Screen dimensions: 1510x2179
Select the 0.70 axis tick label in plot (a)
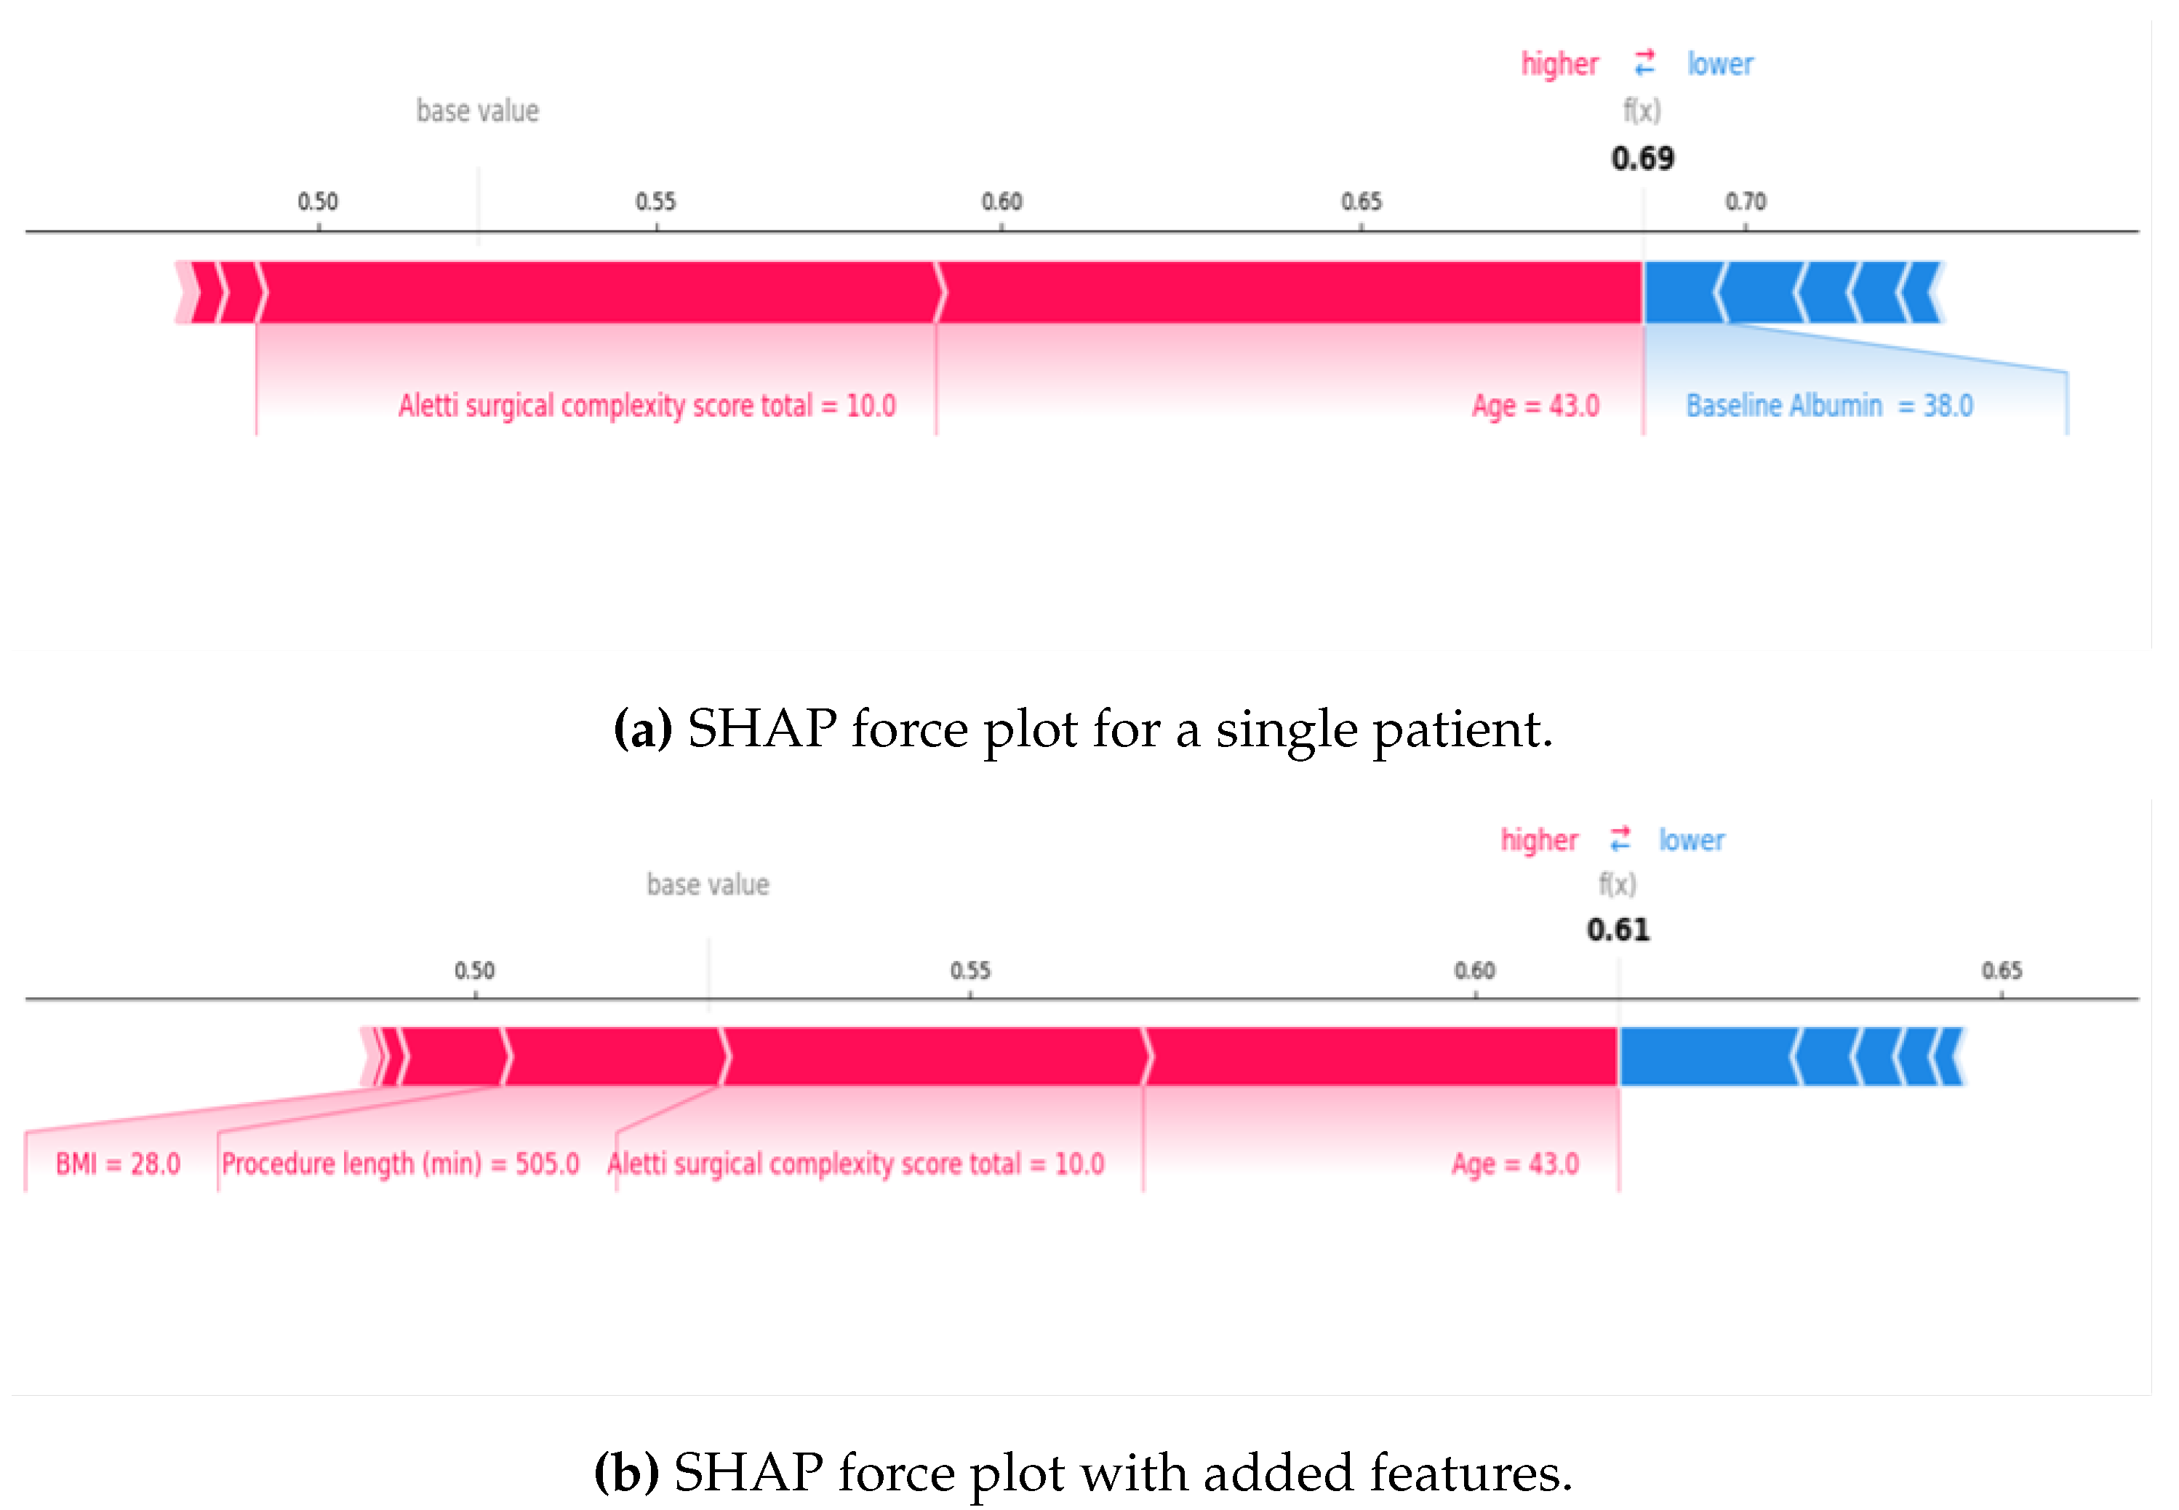click(x=1745, y=201)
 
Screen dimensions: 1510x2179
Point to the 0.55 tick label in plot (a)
click(x=655, y=201)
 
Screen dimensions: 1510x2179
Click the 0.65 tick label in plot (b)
click(x=2002, y=971)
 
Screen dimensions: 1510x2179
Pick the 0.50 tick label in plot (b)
click(x=473, y=971)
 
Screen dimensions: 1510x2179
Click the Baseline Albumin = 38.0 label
click(x=1829, y=406)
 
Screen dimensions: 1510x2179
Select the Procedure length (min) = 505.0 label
click(x=400, y=1164)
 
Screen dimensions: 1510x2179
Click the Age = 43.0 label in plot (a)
click(x=1535, y=406)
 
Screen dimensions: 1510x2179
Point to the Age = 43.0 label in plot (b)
click(x=1515, y=1164)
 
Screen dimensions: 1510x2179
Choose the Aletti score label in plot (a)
click(x=647, y=406)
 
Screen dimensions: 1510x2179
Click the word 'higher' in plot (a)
click(x=1559, y=64)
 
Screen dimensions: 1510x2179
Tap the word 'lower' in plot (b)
click(x=1691, y=840)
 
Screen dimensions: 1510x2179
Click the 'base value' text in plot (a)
click(x=478, y=111)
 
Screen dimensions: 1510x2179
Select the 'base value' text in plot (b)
click(x=708, y=884)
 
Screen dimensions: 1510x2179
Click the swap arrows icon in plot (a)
click(x=1644, y=63)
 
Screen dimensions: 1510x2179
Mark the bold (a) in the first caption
click(x=643, y=730)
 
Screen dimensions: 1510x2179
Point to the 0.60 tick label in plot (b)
click(x=1474, y=971)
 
